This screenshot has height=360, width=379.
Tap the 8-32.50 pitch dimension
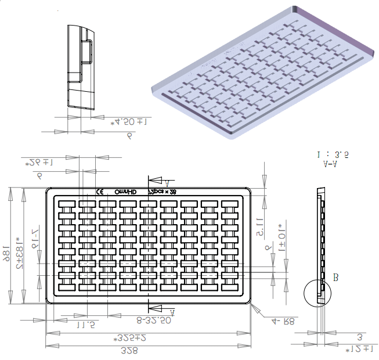[153, 319]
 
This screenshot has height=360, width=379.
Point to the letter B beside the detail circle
[335, 278]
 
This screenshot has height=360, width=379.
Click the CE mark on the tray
[99, 191]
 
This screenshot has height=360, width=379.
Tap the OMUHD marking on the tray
[125, 191]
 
